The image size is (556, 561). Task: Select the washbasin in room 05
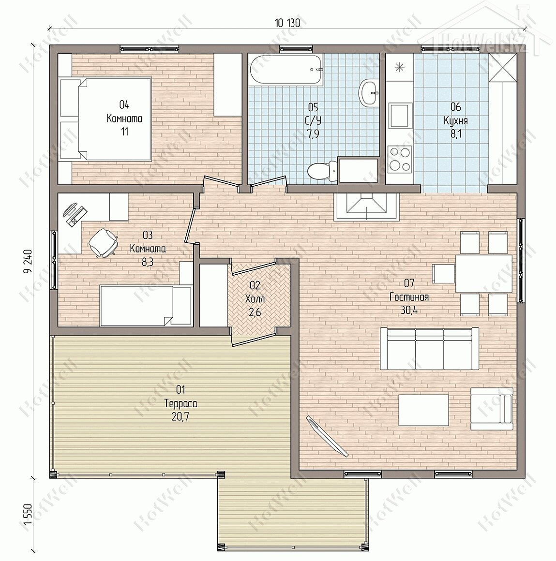tap(369, 93)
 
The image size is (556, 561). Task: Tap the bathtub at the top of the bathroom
tap(286, 70)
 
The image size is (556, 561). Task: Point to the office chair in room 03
tap(103, 242)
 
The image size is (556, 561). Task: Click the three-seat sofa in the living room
tap(429, 348)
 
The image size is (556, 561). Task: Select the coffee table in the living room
tap(423, 410)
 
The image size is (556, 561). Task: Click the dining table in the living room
tap(484, 273)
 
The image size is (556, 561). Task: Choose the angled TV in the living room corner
tap(327, 436)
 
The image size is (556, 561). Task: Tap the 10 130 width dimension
tap(287, 23)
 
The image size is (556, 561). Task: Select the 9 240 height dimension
tap(28, 261)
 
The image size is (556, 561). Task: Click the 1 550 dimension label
tap(28, 514)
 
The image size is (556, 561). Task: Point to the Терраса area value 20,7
tap(180, 416)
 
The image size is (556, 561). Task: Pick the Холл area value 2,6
tap(255, 312)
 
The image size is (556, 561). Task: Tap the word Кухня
tap(456, 120)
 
